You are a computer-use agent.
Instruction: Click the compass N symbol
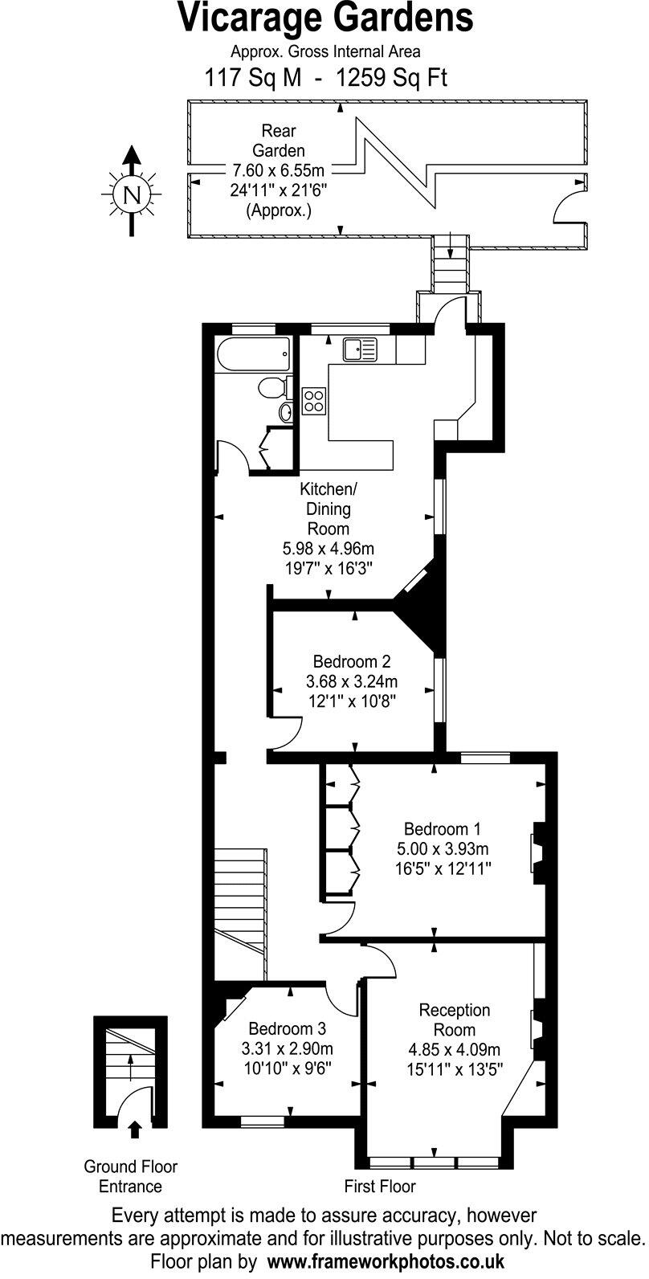132,194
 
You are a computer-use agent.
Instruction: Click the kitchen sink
360,349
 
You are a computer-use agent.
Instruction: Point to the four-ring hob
314,400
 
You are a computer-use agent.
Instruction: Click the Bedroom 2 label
352,662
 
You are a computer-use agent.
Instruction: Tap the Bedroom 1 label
443,829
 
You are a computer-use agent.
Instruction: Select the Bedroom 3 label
287,1029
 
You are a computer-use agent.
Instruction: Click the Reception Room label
455,1020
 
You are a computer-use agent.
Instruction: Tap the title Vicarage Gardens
324,19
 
